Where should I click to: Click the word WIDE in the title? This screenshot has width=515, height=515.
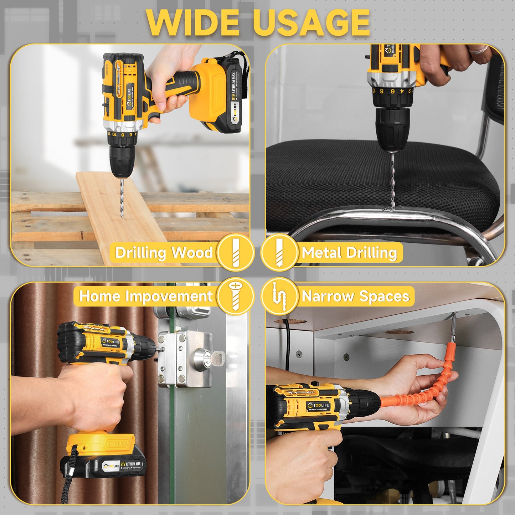click(x=193, y=22)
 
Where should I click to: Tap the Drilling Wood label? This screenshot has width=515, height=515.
click(x=164, y=253)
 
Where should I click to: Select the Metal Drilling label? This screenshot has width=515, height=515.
click(x=349, y=253)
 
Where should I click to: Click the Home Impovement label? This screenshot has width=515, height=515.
click(x=146, y=296)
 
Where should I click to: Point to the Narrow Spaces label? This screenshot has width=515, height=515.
click(x=356, y=296)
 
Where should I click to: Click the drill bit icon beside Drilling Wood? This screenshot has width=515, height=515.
click(x=236, y=252)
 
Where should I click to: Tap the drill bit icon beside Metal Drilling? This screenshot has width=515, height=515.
click(x=279, y=252)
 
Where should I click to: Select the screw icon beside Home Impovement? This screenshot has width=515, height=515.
click(x=236, y=296)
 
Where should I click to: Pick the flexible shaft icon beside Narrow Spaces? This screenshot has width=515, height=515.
click(x=279, y=296)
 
